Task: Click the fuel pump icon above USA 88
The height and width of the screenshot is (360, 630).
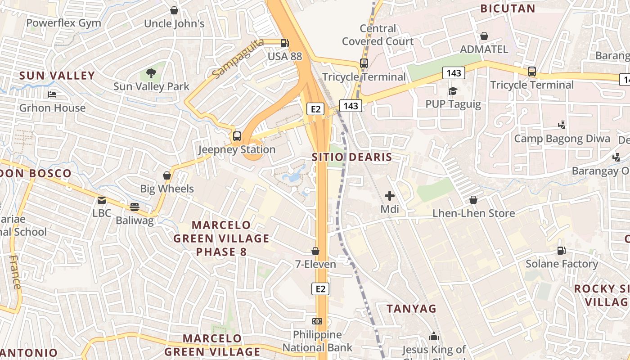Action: pyautogui.click(x=284, y=43)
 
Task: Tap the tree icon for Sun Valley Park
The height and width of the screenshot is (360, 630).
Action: pyautogui.click(x=151, y=73)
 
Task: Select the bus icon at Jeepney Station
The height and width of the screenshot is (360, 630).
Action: pyautogui.click(x=237, y=136)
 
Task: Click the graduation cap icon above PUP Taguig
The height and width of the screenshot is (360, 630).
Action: pyautogui.click(x=453, y=91)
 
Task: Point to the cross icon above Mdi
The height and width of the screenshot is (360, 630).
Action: pyautogui.click(x=390, y=196)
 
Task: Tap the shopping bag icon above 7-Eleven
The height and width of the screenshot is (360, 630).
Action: pyautogui.click(x=315, y=251)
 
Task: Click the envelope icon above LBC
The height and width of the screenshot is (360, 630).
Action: pyautogui.click(x=102, y=200)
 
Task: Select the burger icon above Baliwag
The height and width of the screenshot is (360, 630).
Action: pyautogui.click(x=135, y=207)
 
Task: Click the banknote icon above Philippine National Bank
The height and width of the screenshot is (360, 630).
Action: pyautogui.click(x=317, y=321)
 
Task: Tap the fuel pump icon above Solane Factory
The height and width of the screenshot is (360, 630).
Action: pyautogui.click(x=562, y=250)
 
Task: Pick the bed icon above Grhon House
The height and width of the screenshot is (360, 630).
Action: pyautogui.click(x=52, y=94)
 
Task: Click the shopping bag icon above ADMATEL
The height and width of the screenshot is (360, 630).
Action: pyautogui.click(x=484, y=36)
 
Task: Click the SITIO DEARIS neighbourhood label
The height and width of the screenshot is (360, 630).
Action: pyautogui.click(x=352, y=157)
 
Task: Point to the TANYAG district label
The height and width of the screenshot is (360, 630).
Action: pyautogui.click(x=412, y=308)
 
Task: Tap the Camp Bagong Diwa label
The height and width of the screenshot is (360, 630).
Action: pyautogui.click(x=562, y=139)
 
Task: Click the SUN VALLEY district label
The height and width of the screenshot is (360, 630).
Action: pyautogui.click(x=57, y=76)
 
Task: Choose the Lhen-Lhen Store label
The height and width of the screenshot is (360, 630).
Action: pyautogui.click(x=473, y=213)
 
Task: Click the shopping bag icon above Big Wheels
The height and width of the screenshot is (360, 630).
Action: pyautogui.click(x=167, y=175)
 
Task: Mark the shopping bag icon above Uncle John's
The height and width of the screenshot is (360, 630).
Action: pyautogui.click(x=174, y=10)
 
